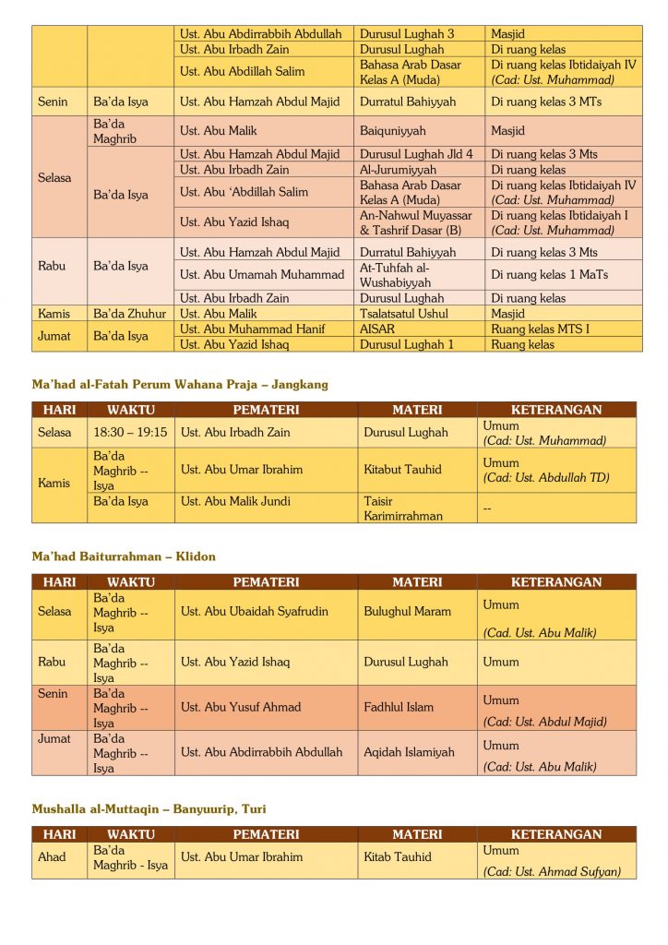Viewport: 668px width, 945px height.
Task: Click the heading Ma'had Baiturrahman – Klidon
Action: pyautogui.click(x=124, y=556)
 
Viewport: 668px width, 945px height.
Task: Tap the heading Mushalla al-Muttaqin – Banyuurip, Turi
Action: pyautogui.click(x=149, y=808)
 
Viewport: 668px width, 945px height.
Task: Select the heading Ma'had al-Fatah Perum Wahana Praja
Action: pyautogui.click(x=179, y=384)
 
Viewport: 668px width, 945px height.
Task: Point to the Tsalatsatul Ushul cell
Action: pyautogui.click(x=403, y=314)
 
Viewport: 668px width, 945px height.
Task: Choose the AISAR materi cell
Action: pyautogui.click(x=377, y=329)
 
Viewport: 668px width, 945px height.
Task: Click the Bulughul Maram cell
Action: pyautogui.click(x=407, y=611)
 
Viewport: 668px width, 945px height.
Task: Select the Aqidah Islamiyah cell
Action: pyautogui.click(x=409, y=752)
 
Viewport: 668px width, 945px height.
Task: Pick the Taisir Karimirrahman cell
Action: pyautogui.click(x=402, y=508)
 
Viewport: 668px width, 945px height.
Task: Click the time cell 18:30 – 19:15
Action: pyautogui.click(x=130, y=432)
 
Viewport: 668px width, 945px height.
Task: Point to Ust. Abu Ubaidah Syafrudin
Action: pyautogui.click(x=254, y=611)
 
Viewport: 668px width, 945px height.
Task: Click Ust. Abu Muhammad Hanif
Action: pyautogui.click(x=252, y=329)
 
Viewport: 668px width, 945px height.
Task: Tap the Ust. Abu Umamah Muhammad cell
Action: pyautogui.click(x=262, y=274)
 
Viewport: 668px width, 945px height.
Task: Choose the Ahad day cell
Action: pyautogui.click(x=52, y=856)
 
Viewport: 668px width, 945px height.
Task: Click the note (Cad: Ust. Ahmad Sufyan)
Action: pyautogui.click(x=552, y=871)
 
